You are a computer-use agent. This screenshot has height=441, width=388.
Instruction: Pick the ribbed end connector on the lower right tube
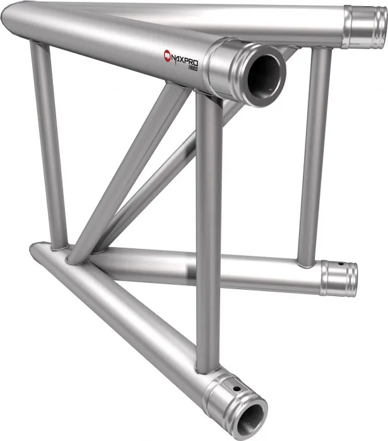[x=338, y=277]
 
